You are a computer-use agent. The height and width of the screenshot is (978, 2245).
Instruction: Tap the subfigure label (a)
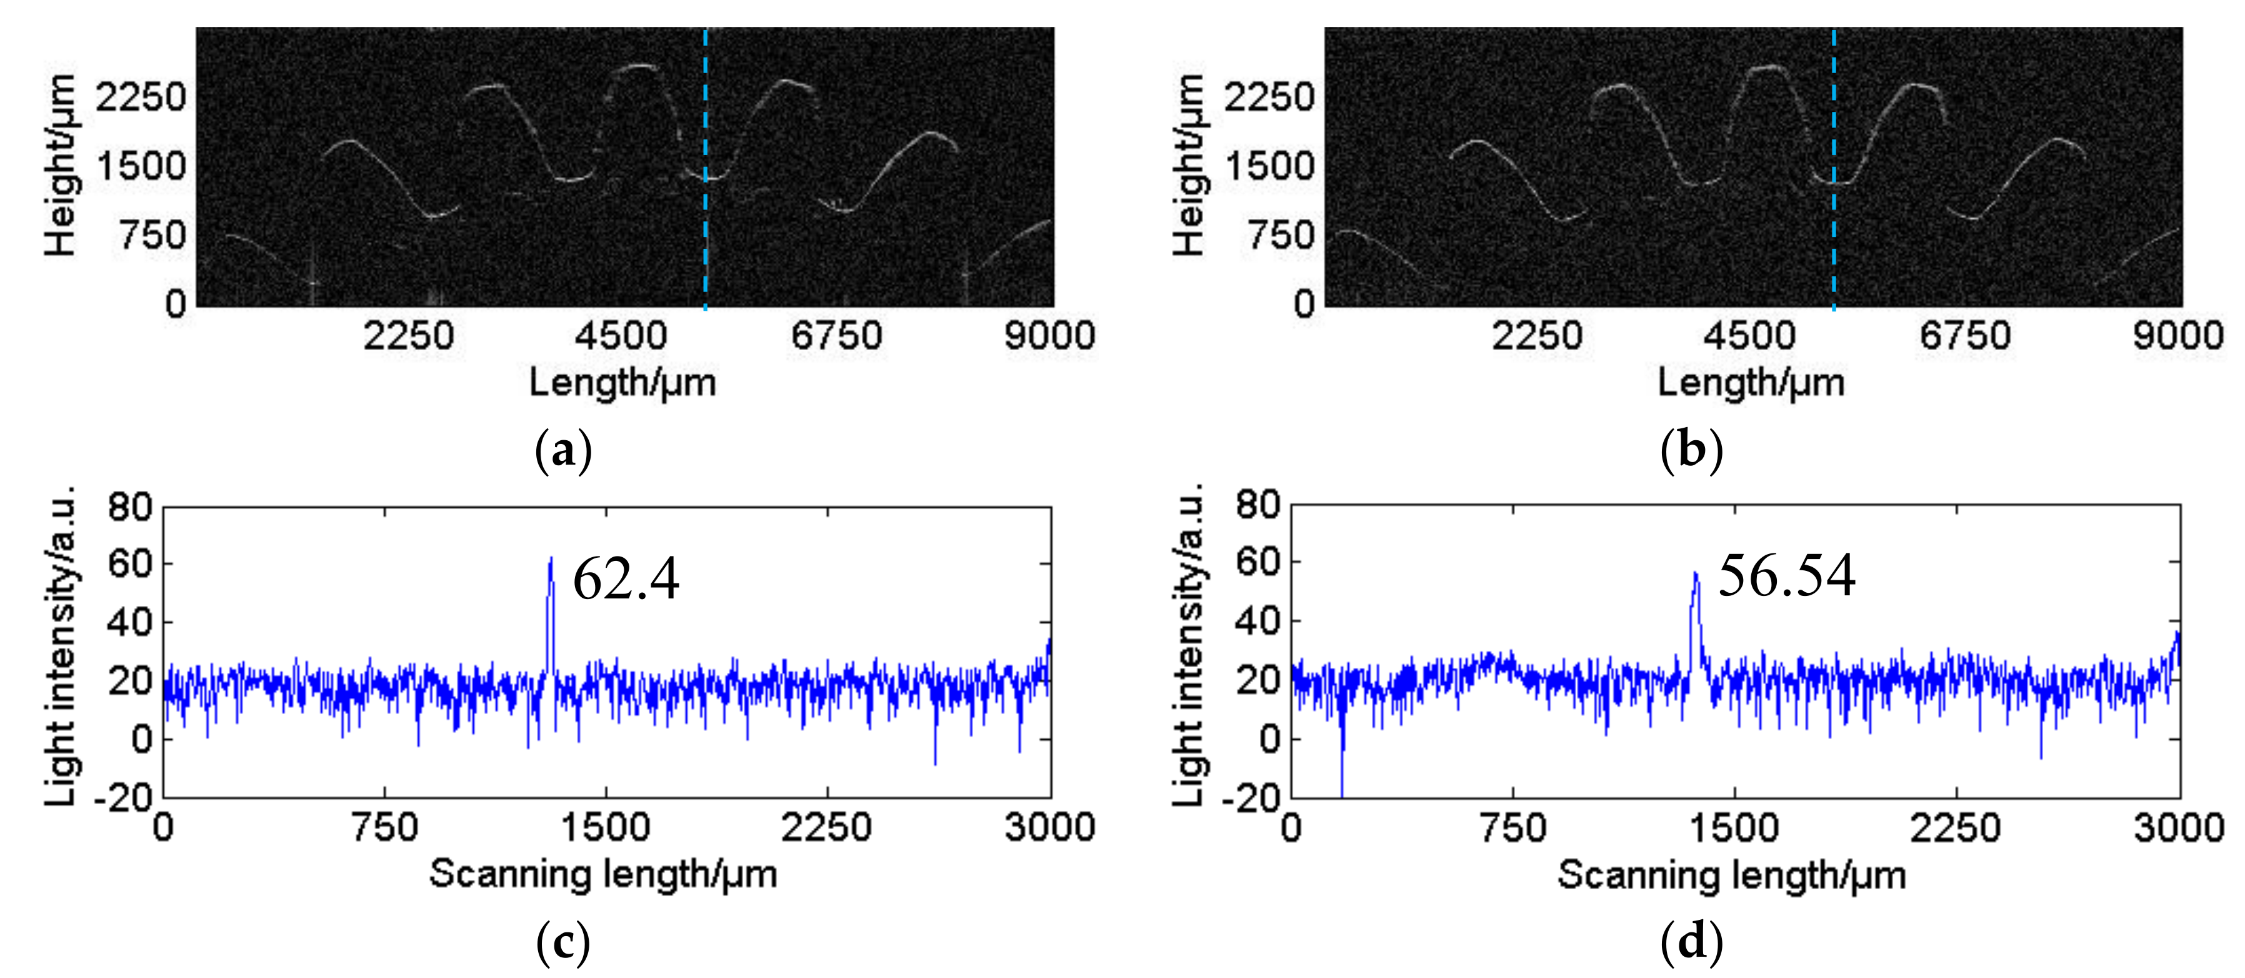[563, 451]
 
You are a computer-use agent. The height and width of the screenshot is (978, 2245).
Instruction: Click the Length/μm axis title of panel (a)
[622, 383]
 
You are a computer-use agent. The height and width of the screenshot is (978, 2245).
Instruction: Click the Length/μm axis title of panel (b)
[1751, 383]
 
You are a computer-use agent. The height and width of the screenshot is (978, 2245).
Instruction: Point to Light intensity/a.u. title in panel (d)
[1189, 645]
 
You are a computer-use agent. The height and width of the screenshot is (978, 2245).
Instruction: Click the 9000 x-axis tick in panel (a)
[1049, 336]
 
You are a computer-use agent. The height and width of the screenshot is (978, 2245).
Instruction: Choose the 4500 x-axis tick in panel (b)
[1749, 336]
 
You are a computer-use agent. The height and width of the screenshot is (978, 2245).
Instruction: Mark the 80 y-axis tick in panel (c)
[130, 507]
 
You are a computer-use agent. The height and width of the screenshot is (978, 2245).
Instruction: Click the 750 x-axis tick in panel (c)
[384, 826]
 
